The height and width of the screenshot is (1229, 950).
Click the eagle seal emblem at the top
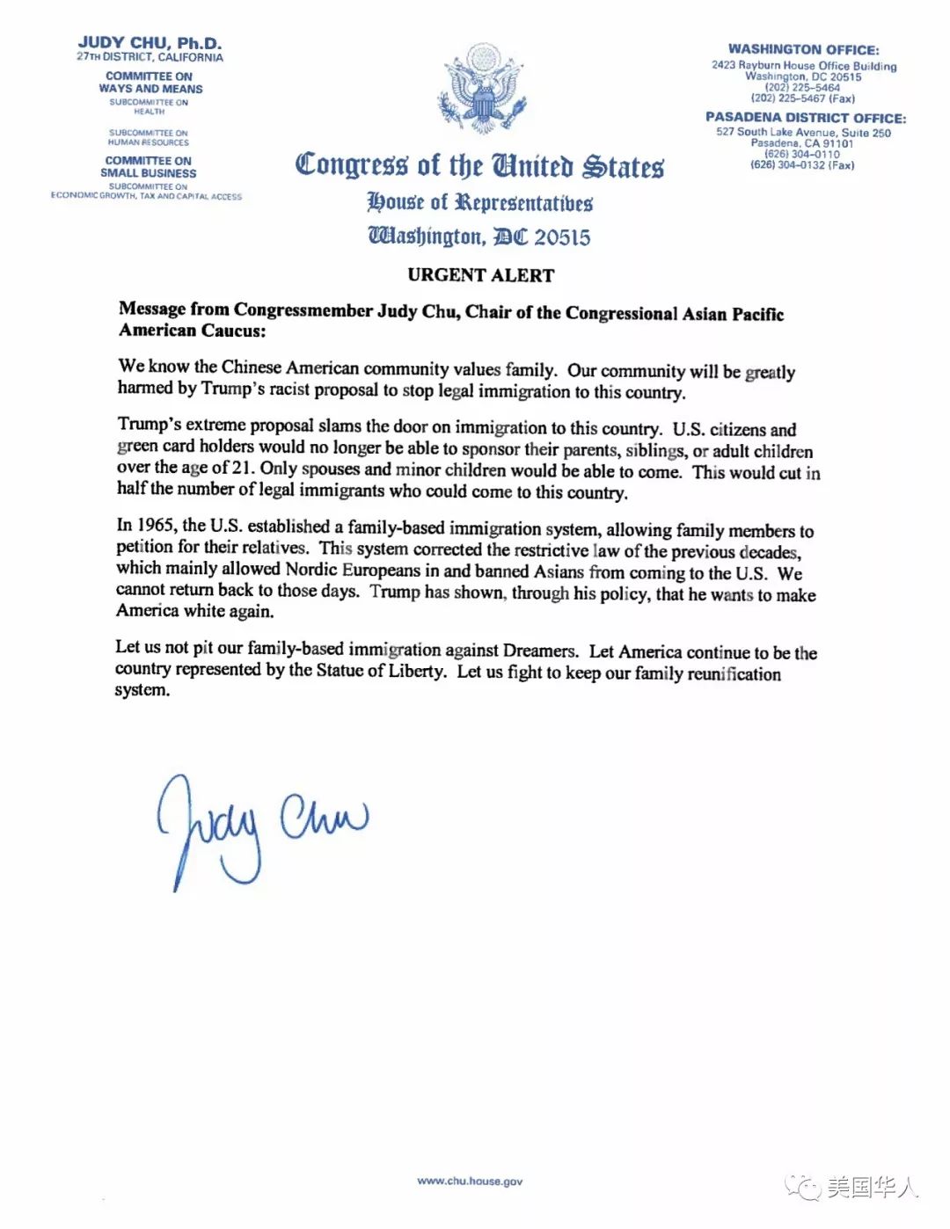coord(483,88)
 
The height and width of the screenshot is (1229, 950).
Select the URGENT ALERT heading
coord(480,275)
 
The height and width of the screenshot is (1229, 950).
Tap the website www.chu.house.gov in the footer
coord(470,1181)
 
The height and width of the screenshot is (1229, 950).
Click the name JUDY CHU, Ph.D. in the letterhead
coord(150,42)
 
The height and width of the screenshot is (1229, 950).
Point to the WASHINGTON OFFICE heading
coord(803,50)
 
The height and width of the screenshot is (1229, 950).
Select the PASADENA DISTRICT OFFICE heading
coord(805,118)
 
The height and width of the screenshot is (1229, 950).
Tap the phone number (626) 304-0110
coord(801,154)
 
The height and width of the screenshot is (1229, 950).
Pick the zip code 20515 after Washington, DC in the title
coord(562,237)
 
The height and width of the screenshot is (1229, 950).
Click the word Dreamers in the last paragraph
coord(540,651)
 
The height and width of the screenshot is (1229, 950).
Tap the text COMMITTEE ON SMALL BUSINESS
coord(148,167)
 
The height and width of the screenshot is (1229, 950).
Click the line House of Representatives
coord(479,203)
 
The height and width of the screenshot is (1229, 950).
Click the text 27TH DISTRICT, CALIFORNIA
coord(150,57)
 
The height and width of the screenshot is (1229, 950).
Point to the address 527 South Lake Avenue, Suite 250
coord(803,133)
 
